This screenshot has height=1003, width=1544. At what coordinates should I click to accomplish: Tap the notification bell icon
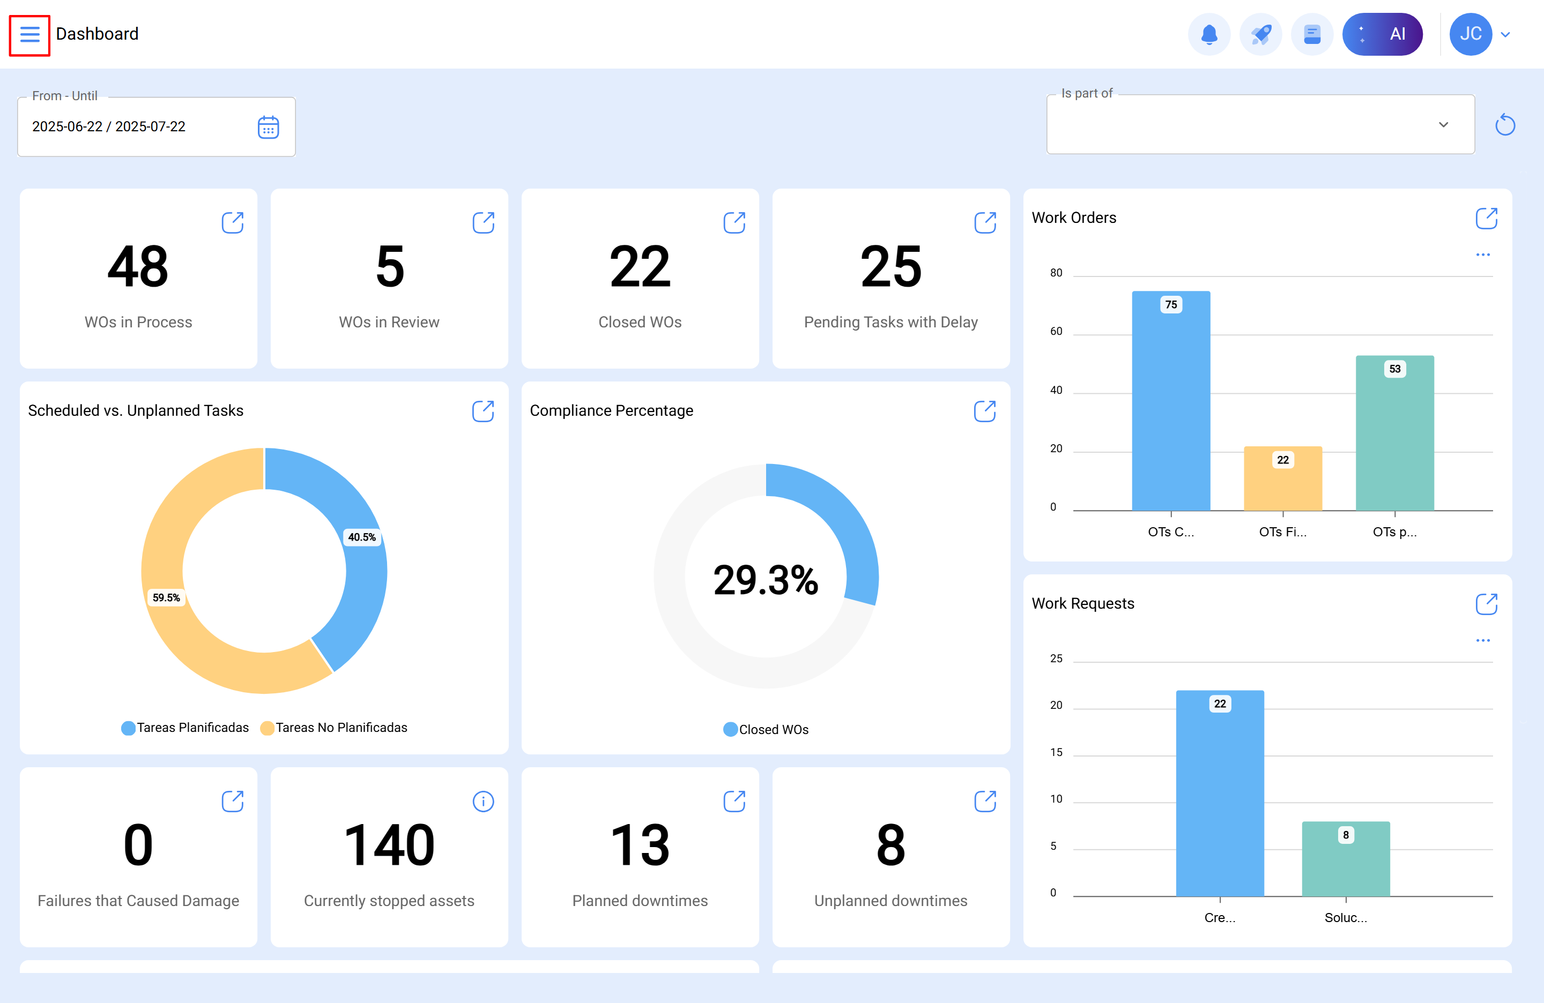pyautogui.click(x=1208, y=34)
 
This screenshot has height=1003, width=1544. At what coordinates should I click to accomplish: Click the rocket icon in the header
pyautogui.click(x=1260, y=34)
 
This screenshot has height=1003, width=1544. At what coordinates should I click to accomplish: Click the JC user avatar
pyautogui.click(x=1470, y=34)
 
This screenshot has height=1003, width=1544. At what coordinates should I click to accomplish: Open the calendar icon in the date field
pyautogui.click(x=268, y=127)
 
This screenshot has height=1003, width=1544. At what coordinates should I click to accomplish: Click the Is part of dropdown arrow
pyautogui.click(x=1443, y=124)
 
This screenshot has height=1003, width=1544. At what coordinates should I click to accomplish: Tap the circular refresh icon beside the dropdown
pyautogui.click(x=1504, y=124)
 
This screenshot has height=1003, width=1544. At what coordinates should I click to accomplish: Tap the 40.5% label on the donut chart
pyautogui.click(x=361, y=537)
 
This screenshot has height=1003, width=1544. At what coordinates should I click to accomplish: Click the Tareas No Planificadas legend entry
pyautogui.click(x=334, y=728)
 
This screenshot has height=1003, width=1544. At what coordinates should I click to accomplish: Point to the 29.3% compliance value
pyautogui.click(x=766, y=580)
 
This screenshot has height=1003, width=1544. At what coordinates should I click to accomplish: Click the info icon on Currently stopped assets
pyautogui.click(x=482, y=802)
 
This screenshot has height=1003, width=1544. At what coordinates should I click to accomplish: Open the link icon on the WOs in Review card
pyautogui.click(x=482, y=222)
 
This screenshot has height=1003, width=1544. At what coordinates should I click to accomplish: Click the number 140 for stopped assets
pyautogui.click(x=389, y=845)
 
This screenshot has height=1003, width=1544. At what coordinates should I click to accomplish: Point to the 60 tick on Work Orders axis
pyautogui.click(x=1056, y=331)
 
